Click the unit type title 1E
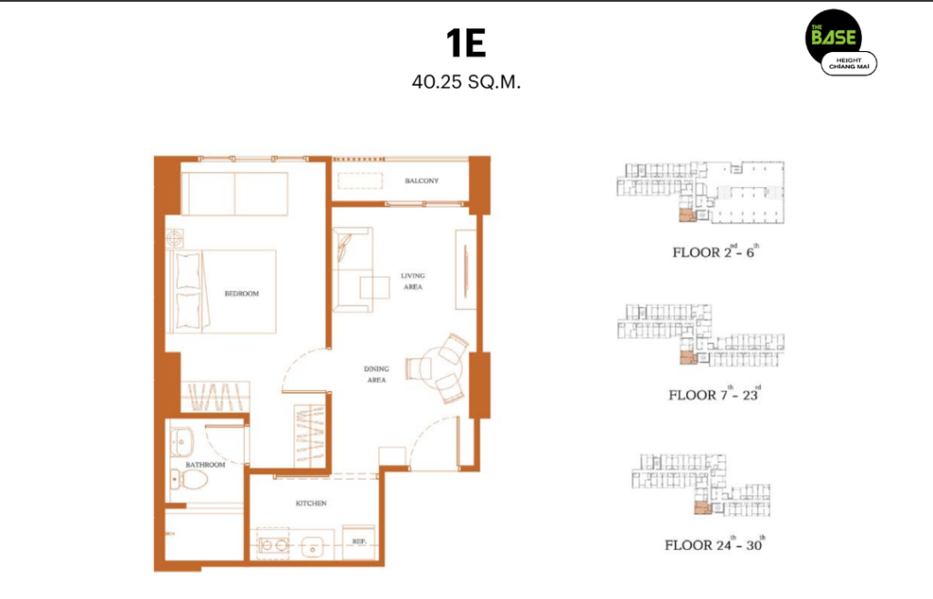tap(466, 43)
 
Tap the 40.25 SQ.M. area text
tap(466, 82)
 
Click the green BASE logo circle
tap(833, 36)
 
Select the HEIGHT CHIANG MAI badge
tap(849, 64)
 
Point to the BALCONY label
tap(421, 181)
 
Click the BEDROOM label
tap(241, 294)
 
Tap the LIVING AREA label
tap(413, 281)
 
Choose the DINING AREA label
tap(376, 374)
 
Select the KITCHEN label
tap(312, 503)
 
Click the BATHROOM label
tap(205, 464)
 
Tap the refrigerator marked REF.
tap(359, 542)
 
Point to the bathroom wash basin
tap(181, 442)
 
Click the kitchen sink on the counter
tap(313, 547)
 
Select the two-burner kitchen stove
tap(273, 545)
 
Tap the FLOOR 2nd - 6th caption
tap(716, 252)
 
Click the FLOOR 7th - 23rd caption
tap(714, 394)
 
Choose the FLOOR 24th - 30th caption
tap(714, 544)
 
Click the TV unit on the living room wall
tap(466, 270)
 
